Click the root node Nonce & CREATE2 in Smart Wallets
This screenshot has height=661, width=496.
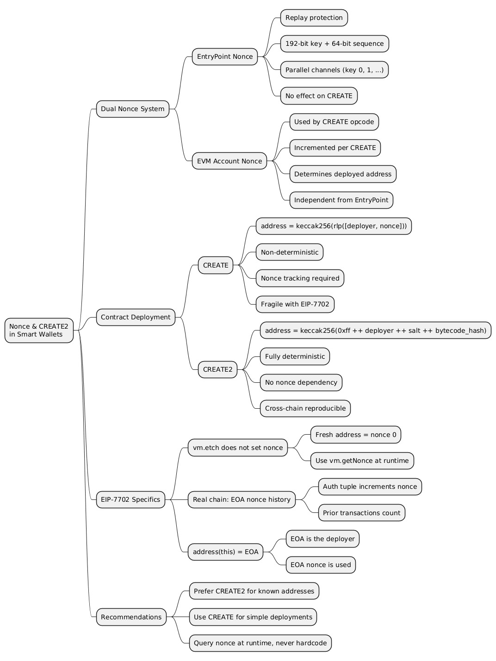[39, 330]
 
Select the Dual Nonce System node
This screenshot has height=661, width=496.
[132, 109]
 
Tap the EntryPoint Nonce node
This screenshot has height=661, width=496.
[224, 56]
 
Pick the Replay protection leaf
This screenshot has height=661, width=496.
[314, 18]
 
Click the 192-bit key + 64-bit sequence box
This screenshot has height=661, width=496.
[334, 44]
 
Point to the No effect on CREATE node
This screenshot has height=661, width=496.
[318, 96]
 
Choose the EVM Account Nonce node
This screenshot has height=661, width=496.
[229, 161]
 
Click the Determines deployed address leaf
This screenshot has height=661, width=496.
[342, 174]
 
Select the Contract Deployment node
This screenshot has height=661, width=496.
[136, 317]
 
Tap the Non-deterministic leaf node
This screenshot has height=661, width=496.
[289, 252]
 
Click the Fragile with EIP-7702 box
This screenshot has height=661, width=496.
[295, 304]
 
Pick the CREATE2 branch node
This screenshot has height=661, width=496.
[217, 369]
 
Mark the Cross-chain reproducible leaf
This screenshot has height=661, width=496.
[305, 408]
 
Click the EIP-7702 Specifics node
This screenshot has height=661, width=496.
[130, 499]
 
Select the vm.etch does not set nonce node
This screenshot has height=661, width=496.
[238, 448]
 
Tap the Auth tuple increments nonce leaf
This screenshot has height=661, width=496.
[370, 486]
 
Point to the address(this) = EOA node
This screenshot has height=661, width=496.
[225, 552]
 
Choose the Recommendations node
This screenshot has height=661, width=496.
[131, 617]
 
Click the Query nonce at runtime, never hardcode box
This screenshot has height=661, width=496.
[260, 643]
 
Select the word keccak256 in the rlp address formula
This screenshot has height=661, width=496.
[315, 226]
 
